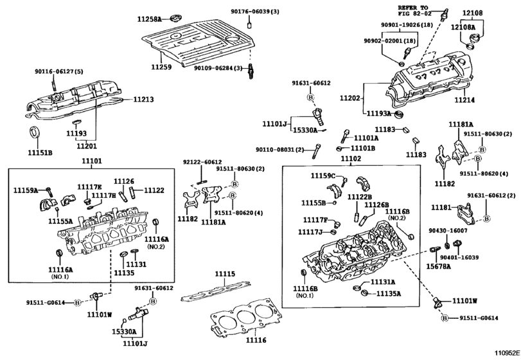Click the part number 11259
[x=161, y=67]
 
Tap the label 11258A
[x=150, y=19]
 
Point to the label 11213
[x=143, y=99]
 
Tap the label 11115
[x=225, y=274]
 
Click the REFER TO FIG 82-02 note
[x=415, y=10]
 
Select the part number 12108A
[x=463, y=27]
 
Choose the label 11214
[x=464, y=100]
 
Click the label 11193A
[x=378, y=113]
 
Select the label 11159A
[x=26, y=190]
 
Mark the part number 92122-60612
[x=202, y=162]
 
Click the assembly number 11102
[x=351, y=159]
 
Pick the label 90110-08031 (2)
[x=279, y=150]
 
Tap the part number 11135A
[x=389, y=294]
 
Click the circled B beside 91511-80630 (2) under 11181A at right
[x=481, y=150]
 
